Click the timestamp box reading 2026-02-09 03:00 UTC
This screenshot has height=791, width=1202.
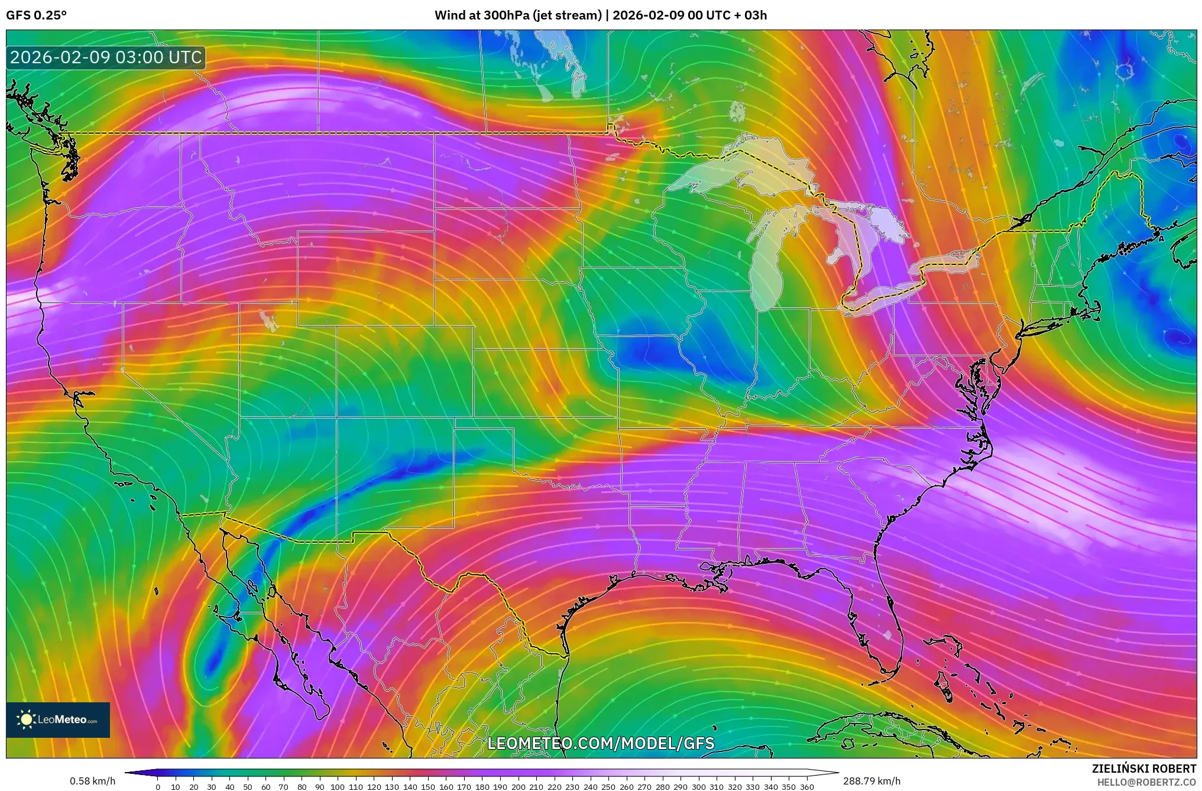(x=106, y=57)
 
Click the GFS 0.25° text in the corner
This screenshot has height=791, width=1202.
(x=36, y=15)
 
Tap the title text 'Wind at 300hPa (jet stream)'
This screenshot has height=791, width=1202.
(x=518, y=15)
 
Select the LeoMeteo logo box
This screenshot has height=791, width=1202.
(x=58, y=719)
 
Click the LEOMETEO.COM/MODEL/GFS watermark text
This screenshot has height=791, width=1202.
(x=601, y=743)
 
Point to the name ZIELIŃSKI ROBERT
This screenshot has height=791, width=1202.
(x=1143, y=769)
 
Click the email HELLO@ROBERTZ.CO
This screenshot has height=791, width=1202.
(x=1146, y=782)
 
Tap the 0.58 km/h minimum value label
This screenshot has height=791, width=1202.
(x=92, y=781)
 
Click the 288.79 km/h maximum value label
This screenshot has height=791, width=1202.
(x=871, y=781)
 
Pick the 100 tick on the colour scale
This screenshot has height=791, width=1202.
(x=338, y=787)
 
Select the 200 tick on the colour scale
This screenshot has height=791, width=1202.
(x=518, y=787)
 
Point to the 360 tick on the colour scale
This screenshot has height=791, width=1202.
(x=806, y=787)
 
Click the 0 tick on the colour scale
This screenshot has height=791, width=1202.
(x=158, y=787)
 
